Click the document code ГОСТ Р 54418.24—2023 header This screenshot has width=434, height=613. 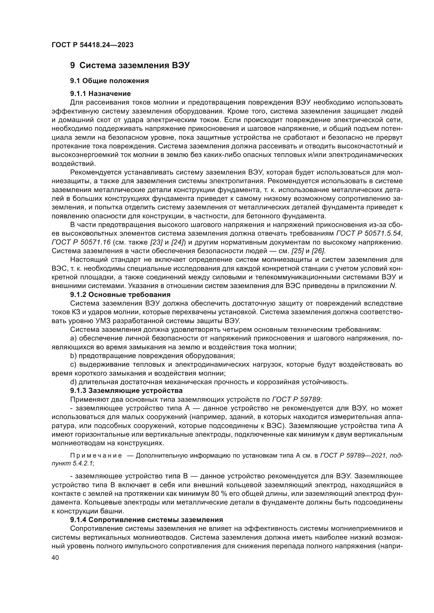coord(92,45)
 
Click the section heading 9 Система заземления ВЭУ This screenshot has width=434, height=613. coord(130,66)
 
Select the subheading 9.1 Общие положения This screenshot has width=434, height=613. coord(109,81)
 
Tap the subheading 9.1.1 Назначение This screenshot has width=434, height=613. coord(100,94)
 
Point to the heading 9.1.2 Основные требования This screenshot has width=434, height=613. coord(120,295)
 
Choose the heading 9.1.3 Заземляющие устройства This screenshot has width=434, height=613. coord(126,390)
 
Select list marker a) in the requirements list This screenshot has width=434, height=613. coord(73,339)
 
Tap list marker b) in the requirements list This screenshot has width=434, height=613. coord(73,356)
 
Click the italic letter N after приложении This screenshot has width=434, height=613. coord(392,286)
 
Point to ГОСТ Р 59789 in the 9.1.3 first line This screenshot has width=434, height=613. coord(296,399)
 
